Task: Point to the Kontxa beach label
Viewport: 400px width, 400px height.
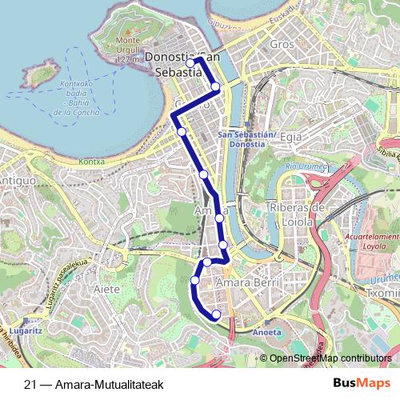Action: pyautogui.click(x=93, y=160)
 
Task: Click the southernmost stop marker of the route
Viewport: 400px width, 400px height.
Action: pyautogui.click(x=216, y=315)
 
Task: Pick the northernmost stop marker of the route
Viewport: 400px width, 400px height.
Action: pyautogui.click(x=190, y=62)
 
